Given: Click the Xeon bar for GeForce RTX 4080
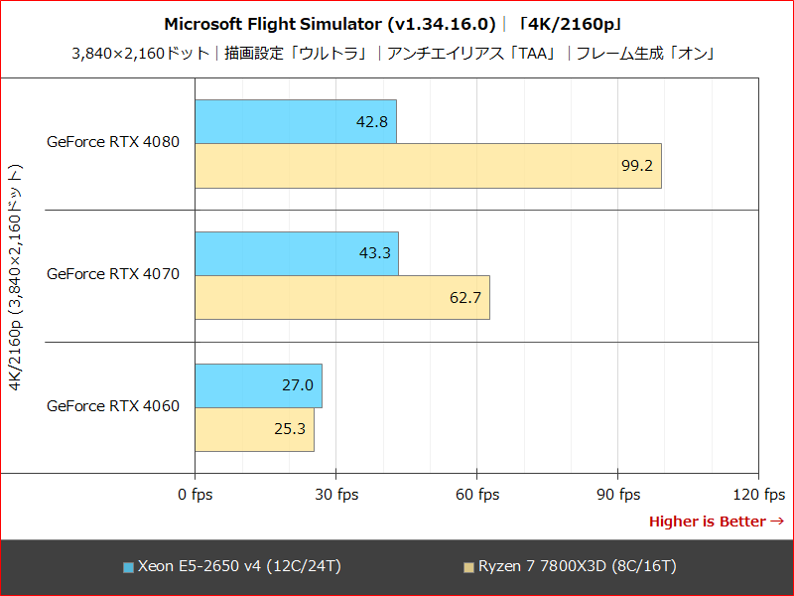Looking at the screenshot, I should (296, 121).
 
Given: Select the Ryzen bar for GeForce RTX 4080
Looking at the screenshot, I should (428, 166).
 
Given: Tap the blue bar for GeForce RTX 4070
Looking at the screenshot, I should (297, 253).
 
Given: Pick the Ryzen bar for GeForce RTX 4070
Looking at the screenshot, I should (342, 298).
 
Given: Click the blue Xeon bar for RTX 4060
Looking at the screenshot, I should (258, 385).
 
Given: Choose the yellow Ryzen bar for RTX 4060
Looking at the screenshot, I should (254, 430).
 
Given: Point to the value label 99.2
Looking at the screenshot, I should (636, 166).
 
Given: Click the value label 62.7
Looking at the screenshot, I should (464, 298).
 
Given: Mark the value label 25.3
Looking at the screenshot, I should (289, 430).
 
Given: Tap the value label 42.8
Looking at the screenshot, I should (371, 121).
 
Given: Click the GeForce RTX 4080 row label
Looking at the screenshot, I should (113, 142).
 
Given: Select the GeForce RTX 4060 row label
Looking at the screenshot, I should (113, 405).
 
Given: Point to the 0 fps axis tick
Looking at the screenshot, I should (195, 495).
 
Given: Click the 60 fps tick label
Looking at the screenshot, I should (476, 495).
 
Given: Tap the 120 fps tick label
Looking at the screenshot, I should (759, 495).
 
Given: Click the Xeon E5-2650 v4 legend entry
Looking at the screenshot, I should (232, 566).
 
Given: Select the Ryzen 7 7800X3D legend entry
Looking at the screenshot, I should (570, 566).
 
